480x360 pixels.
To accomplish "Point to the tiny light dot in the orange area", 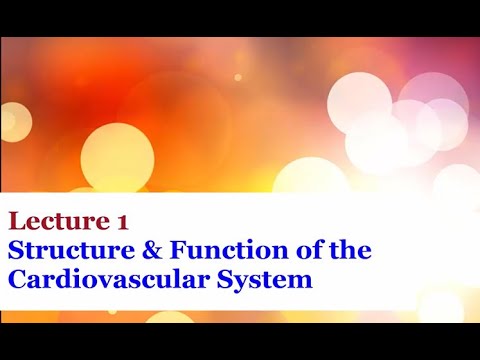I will tap(238, 77).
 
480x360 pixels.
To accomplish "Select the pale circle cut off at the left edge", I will tap(8, 121).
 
